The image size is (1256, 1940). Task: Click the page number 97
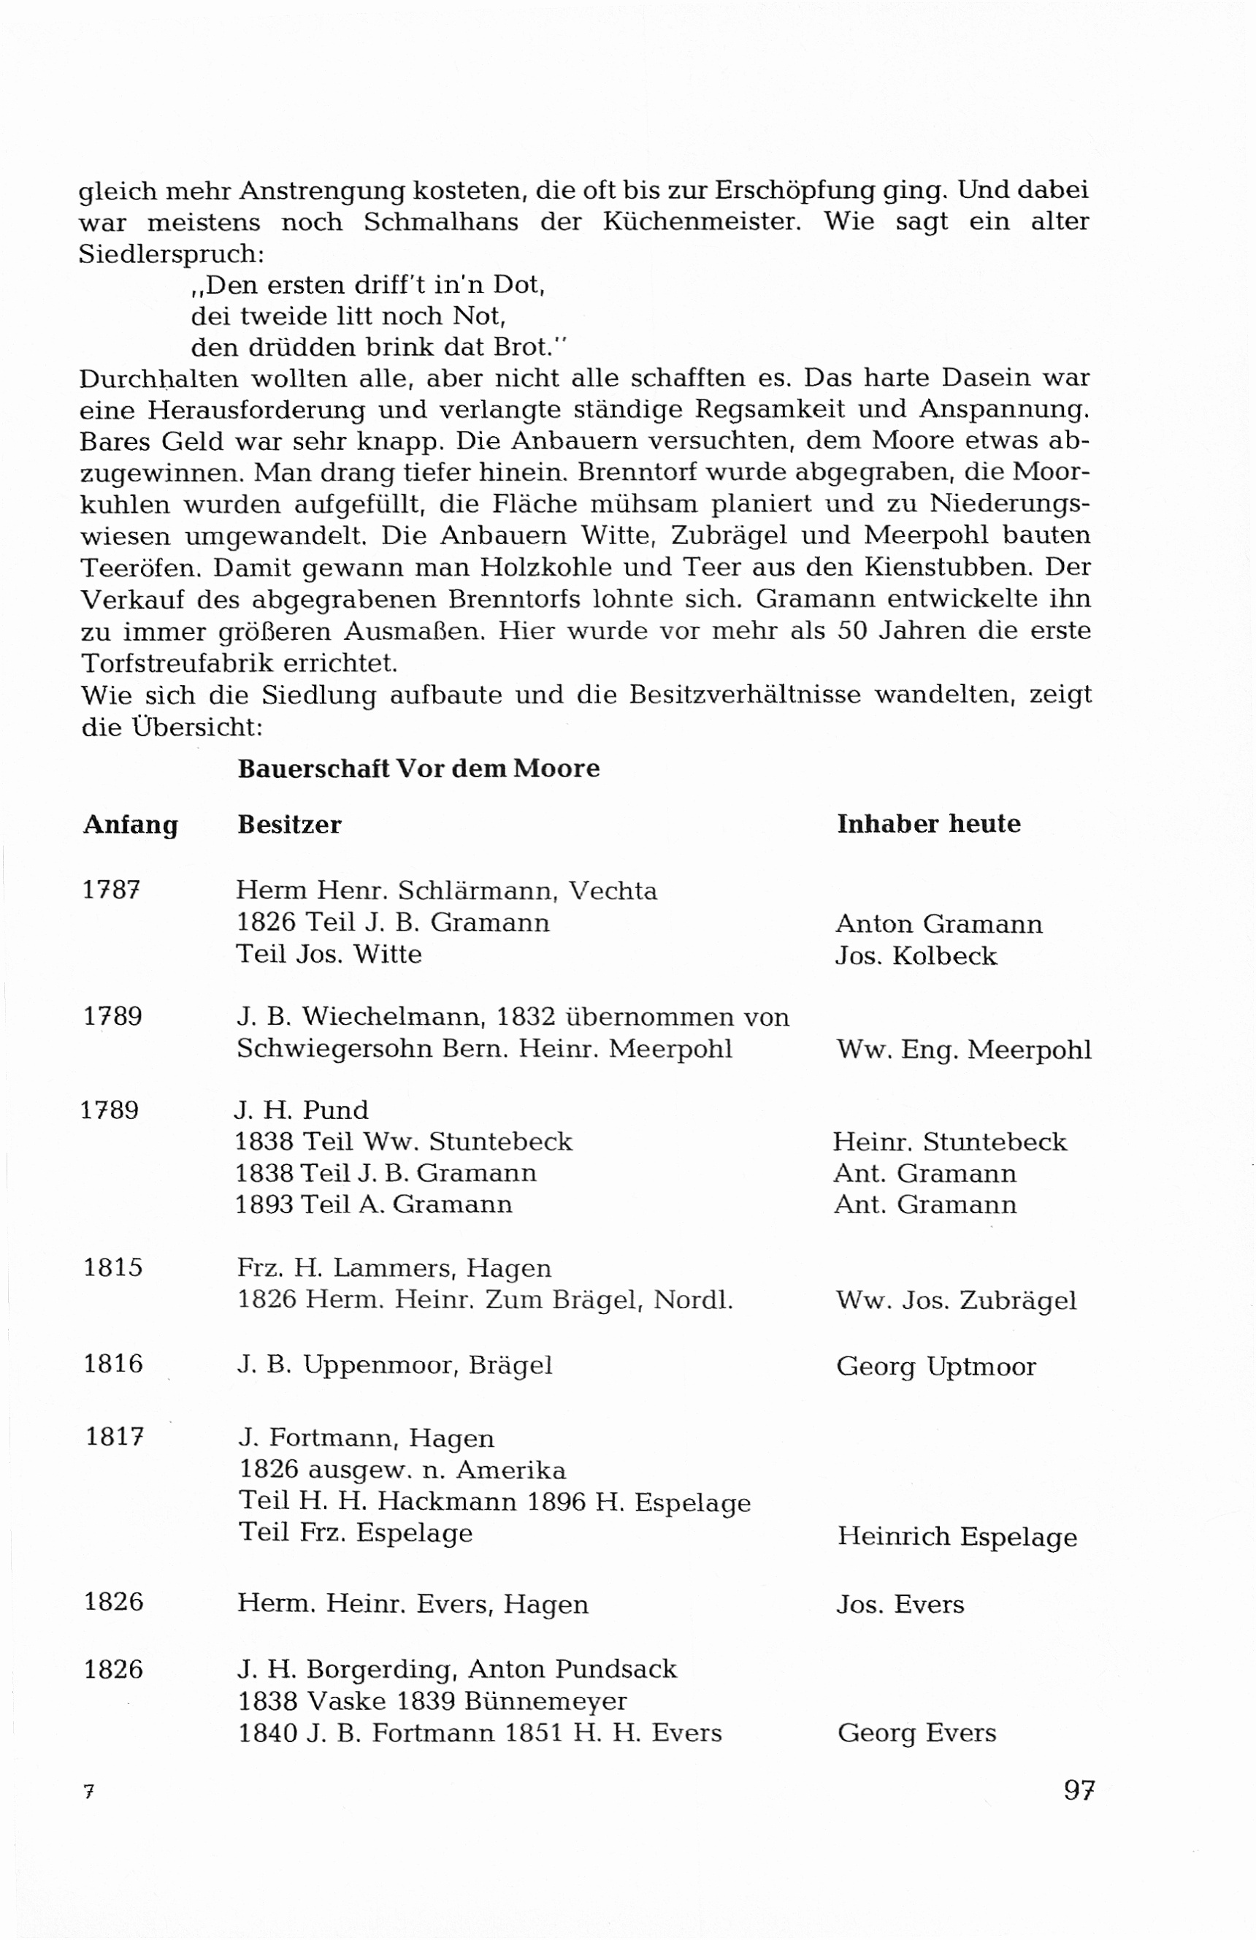[x=1079, y=1790]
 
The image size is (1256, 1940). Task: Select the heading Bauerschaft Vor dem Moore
[x=418, y=768]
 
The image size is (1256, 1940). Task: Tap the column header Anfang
[x=131, y=825]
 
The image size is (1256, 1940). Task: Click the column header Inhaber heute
[x=928, y=823]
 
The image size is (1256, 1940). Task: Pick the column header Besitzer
[x=289, y=825]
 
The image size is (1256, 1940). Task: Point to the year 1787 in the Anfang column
[x=112, y=890]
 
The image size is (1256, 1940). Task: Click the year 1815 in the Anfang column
[x=113, y=1267]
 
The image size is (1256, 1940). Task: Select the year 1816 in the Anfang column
[x=113, y=1363]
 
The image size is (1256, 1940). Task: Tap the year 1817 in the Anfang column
[x=115, y=1436]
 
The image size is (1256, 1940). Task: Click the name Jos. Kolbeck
[x=915, y=955]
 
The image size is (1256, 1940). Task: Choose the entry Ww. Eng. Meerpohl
[x=963, y=1049]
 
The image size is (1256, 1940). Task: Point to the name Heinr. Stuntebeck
[x=949, y=1141]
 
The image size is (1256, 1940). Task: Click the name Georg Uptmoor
[x=935, y=1366]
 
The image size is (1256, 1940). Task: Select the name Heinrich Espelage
[x=957, y=1537]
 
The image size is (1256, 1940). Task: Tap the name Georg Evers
[x=916, y=1732]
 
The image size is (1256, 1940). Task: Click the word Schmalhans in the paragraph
[x=441, y=222]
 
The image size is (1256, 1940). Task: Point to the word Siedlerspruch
[x=171, y=254]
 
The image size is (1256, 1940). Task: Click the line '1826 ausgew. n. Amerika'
[x=402, y=1470]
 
